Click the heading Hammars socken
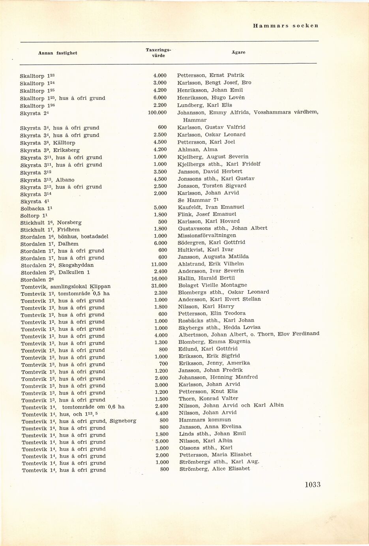(285, 26)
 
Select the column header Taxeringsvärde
(158, 53)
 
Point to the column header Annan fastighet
(58, 53)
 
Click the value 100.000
(158, 113)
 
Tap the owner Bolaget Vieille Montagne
(212, 285)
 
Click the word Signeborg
(123, 421)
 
